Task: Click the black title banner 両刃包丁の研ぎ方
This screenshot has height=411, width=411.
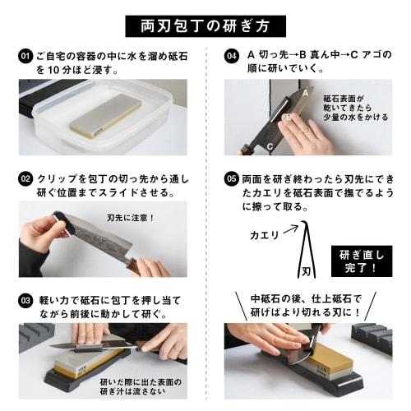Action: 205,25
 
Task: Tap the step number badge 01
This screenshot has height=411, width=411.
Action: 25,56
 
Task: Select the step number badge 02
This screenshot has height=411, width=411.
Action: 25,178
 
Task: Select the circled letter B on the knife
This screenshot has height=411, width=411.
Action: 289,118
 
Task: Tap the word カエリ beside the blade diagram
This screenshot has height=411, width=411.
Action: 264,235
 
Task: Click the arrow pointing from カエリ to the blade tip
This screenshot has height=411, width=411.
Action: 289,229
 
